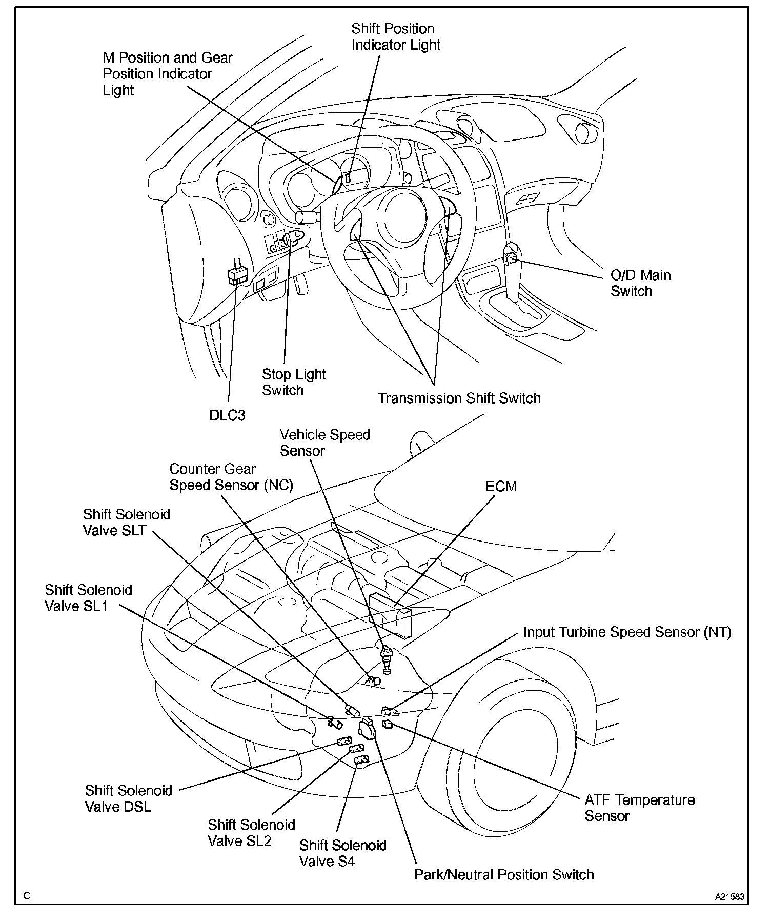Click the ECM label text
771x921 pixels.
(501, 486)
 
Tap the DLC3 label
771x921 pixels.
(227, 415)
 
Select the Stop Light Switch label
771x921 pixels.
(294, 382)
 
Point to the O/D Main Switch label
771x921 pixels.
(640, 283)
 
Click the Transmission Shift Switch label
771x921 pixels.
(459, 398)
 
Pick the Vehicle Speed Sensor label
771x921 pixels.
(324, 443)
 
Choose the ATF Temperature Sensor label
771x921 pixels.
(639, 808)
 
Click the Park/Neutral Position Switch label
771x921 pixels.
(504, 874)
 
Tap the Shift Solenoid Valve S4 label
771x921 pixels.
(342, 853)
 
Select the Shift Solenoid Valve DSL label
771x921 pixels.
(128, 798)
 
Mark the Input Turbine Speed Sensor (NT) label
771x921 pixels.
(627, 632)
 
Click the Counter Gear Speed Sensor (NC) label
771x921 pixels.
(231, 477)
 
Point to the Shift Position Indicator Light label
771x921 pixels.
(395, 36)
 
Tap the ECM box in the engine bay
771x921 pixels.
(390, 616)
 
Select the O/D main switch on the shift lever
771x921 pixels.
(511, 258)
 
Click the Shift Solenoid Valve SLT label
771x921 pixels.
(126, 522)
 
